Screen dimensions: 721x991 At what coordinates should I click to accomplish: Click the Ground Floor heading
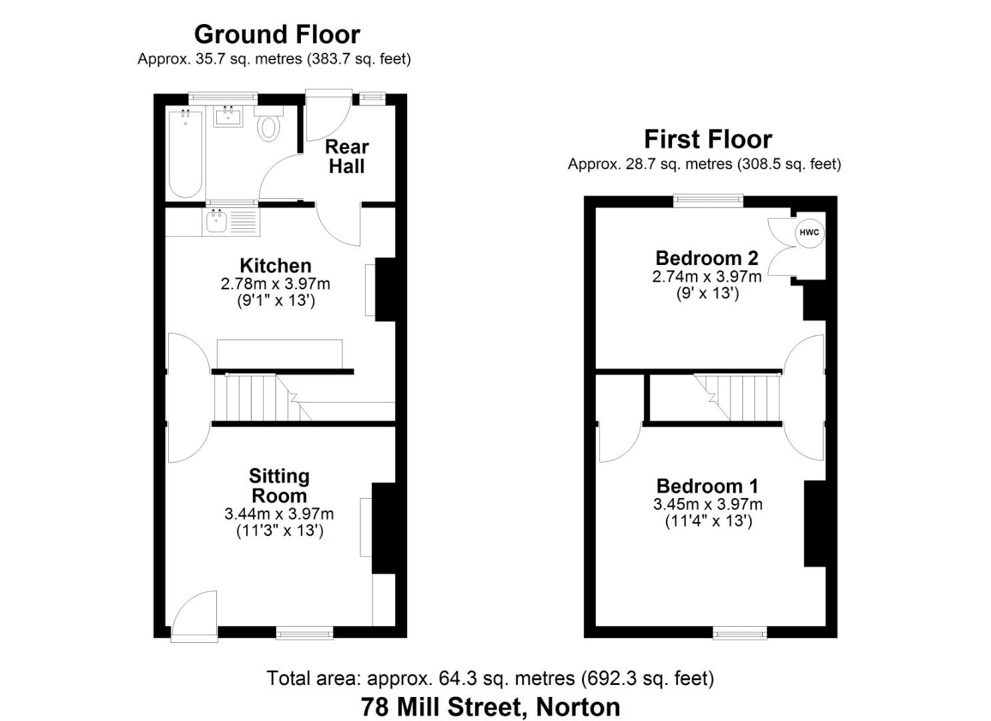[277, 34]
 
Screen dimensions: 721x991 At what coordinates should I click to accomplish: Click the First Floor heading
[707, 139]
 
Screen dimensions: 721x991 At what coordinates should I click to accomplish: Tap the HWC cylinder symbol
[809, 232]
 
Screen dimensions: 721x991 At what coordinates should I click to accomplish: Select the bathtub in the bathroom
[186, 154]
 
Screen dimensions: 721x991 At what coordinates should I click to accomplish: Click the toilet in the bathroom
[268, 126]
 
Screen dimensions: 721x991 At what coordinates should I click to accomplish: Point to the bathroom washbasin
[228, 116]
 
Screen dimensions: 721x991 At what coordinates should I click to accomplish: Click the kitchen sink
[216, 221]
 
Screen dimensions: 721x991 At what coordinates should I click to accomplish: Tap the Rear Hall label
[346, 156]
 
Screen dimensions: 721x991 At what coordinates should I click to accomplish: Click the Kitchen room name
[275, 265]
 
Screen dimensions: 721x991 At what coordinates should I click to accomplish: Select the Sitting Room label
[279, 485]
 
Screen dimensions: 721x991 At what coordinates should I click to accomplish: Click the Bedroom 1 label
[707, 485]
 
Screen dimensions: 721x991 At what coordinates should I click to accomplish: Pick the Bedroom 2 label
[707, 258]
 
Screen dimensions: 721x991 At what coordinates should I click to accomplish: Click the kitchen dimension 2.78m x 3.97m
[275, 283]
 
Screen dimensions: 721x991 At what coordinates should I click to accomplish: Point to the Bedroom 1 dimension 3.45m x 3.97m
[707, 504]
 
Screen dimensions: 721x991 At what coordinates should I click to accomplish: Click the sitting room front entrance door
[194, 618]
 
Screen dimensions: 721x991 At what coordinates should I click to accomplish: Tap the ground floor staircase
[254, 398]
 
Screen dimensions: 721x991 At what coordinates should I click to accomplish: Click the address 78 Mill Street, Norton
[490, 706]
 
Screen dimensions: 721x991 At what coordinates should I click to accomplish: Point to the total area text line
[490, 678]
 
